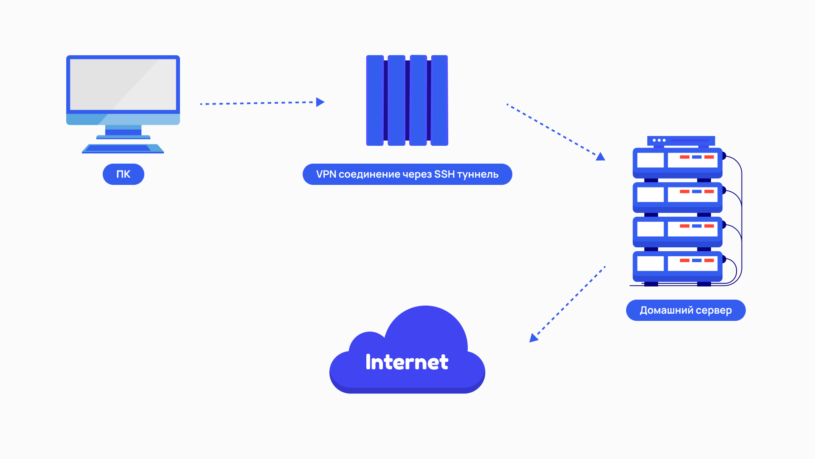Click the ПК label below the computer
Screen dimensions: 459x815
point(123,174)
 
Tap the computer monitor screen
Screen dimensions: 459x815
point(123,85)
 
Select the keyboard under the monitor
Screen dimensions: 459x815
point(123,148)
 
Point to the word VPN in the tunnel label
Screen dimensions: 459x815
point(326,174)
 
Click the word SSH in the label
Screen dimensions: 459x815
point(444,174)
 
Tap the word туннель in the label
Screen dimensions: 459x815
point(478,174)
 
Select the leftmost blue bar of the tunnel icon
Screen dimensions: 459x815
point(375,100)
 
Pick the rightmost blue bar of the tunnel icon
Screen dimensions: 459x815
point(439,100)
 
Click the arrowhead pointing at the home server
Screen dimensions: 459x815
point(600,157)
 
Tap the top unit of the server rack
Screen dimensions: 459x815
point(677,163)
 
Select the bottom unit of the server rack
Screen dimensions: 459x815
point(677,266)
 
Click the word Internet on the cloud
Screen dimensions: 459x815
point(407,362)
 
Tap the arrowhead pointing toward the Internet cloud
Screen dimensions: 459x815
point(533,338)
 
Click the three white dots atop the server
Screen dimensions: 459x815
point(659,140)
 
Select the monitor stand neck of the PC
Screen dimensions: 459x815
point(123,130)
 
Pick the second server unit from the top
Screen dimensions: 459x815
point(677,197)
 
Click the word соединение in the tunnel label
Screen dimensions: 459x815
point(369,174)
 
